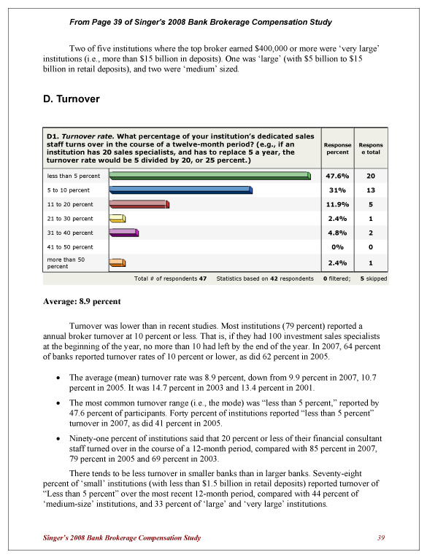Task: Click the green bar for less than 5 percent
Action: (209, 176)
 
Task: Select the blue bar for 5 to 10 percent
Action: (180, 190)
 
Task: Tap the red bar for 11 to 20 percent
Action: (139, 204)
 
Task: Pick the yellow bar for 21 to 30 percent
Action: (118, 218)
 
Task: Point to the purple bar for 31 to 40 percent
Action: (123, 233)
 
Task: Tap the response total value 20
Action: (371, 176)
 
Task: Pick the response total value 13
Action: (371, 190)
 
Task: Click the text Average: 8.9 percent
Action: (82, 301)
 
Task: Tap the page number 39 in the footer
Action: (380, 538)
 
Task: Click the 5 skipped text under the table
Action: (374, 279)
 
